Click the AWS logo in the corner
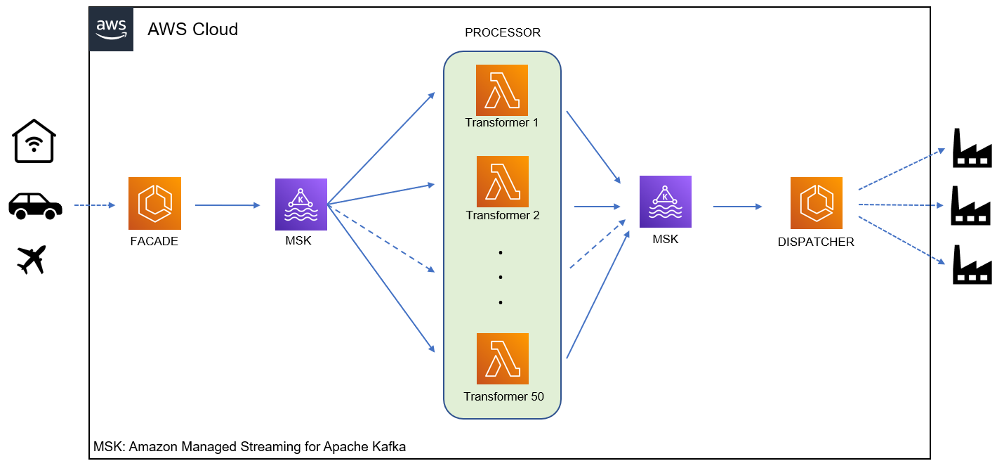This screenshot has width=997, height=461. [x=111, y=30]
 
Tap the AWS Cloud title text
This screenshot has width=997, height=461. [x=192, y=30]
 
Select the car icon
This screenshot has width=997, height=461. [x=35, y=205]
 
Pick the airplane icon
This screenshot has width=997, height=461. [x=32, y=259]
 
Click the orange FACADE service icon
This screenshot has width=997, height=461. [x=154, y=203]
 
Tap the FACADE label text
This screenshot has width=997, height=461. [x=154, y=241]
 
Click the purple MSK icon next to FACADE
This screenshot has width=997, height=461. [x=301, y=204]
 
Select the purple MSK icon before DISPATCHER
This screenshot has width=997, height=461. [x=666, y=202]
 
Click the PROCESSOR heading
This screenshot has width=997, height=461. [x=503, y=33]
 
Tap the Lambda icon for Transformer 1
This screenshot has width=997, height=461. [x=502, y=90]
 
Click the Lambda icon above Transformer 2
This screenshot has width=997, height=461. [x=502, y=181]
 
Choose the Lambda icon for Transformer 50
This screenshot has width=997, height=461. [x=502, y=358]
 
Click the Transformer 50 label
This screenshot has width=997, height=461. [x=503, y=396]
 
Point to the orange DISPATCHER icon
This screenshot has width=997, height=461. [x=816, y=203]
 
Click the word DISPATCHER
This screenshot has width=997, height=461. [x=816, y=242]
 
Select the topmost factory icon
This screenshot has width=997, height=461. [x=972, y=148]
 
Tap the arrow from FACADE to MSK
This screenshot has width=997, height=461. [x=227, y=205]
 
